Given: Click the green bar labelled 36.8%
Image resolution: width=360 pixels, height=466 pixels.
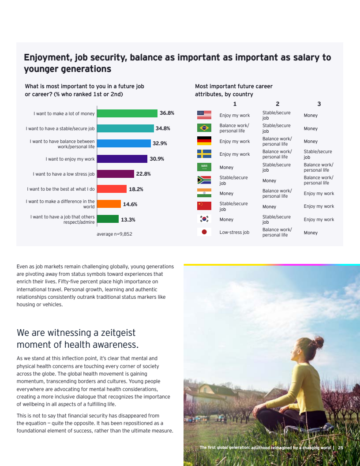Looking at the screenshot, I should pos(127,113).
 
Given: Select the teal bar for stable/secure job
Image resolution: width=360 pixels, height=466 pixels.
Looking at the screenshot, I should pos(125,128).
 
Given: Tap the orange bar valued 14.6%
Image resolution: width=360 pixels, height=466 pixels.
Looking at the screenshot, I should pos(109,204).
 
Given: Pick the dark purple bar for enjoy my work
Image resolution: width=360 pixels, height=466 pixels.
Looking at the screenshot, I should pos(122,159).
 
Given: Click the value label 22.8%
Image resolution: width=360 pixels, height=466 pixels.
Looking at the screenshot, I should pos(143,174).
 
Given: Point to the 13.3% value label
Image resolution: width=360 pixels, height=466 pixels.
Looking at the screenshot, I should pos(128,219).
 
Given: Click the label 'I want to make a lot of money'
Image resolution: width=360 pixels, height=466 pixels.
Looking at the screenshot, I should pos(64,114).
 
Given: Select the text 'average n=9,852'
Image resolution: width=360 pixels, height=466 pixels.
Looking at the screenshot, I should pos(114,234).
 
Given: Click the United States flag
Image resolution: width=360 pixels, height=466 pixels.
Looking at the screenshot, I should pos(204,115).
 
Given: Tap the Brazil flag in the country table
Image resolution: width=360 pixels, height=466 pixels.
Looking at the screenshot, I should pos(204,128).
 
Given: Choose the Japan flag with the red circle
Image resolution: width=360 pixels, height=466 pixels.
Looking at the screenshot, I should pos(204,232).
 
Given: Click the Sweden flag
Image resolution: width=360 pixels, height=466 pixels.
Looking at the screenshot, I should pos(204,154).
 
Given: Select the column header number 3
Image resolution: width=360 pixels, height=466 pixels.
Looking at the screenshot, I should pos(319,104).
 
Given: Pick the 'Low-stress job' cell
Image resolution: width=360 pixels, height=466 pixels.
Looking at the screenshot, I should pos(234,232).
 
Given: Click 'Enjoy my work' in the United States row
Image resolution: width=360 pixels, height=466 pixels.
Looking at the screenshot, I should pos(235,116).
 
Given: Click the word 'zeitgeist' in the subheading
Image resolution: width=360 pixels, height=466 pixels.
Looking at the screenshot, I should pos(115,333).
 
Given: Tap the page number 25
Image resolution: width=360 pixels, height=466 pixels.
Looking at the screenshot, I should pos(341,448).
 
